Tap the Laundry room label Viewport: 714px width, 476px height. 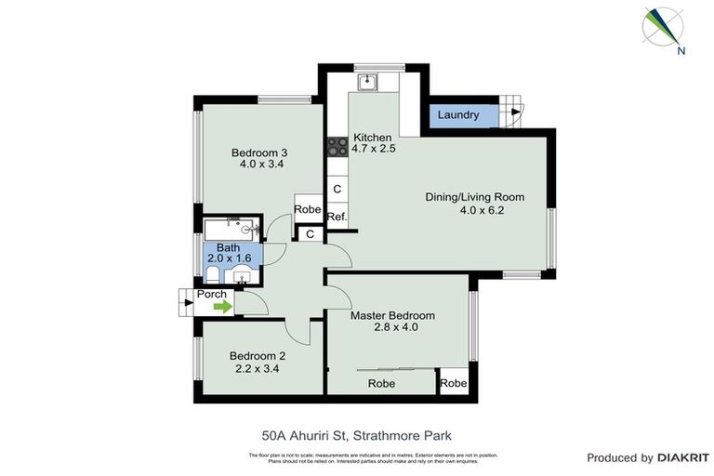pos(458,115)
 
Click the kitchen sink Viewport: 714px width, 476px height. pos(368,81)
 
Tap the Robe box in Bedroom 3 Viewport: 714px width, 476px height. pos(308,210)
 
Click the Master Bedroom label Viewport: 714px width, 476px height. pos(391,316)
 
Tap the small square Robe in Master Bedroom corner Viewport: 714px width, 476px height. pos(453,383)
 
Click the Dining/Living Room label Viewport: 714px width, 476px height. pos(474,197)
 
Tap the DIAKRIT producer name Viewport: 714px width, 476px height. pos(683,457)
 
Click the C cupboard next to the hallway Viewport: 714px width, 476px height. pos(310,234)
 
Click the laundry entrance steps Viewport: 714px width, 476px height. pos(510,112)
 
